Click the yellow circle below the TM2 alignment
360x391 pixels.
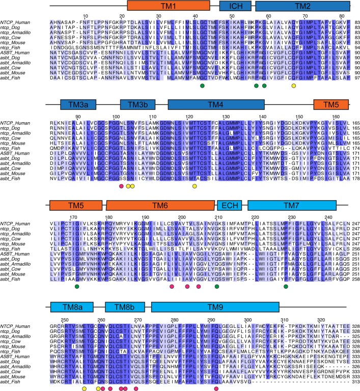pos(294,87)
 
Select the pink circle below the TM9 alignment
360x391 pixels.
pos(217,389)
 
